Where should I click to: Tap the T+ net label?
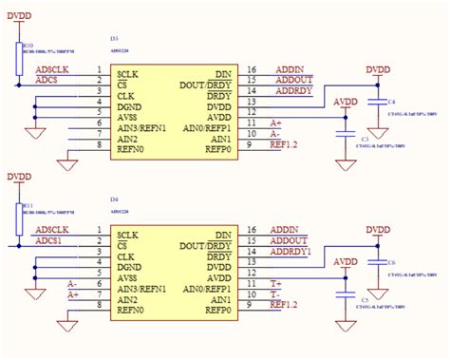click(277, 282)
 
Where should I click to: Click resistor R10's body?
click(20, 57)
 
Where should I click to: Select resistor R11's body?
click(20, 218)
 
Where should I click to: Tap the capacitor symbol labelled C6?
click(380, 262)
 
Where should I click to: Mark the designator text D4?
click(115, 199)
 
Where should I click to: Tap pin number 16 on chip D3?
click(251, 69)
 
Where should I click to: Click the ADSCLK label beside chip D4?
click(52, 229)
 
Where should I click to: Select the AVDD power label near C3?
click(346, 101)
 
